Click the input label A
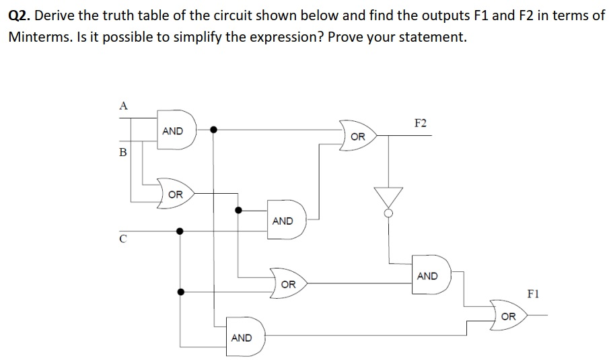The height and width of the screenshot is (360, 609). [x=122, y=104]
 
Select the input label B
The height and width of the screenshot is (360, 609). [x=122, y=152]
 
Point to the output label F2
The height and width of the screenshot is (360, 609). [x=421, y=123]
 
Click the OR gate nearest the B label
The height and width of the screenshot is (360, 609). [x=176, y=194]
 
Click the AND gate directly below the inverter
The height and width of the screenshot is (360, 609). [x=429, y=276]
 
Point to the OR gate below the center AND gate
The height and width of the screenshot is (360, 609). [x=288, y=285]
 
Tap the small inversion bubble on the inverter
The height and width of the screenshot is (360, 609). [x=388, y=214]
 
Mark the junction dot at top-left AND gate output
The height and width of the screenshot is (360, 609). [x=213, y=130]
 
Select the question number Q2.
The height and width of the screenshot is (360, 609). [x=20, y=15]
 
